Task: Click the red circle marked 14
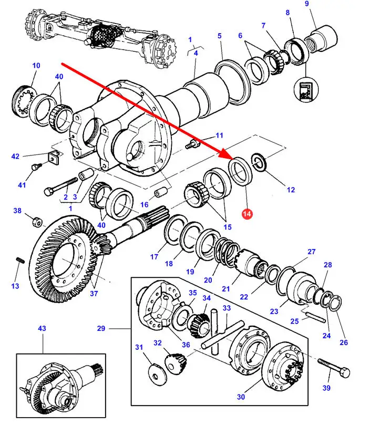(247, 214)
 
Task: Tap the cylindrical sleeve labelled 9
(320, 39)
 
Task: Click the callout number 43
(42, 328)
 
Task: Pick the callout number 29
(101, 329)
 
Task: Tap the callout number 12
(291, 190)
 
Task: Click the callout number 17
(154, 257)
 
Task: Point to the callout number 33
(227, 308)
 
